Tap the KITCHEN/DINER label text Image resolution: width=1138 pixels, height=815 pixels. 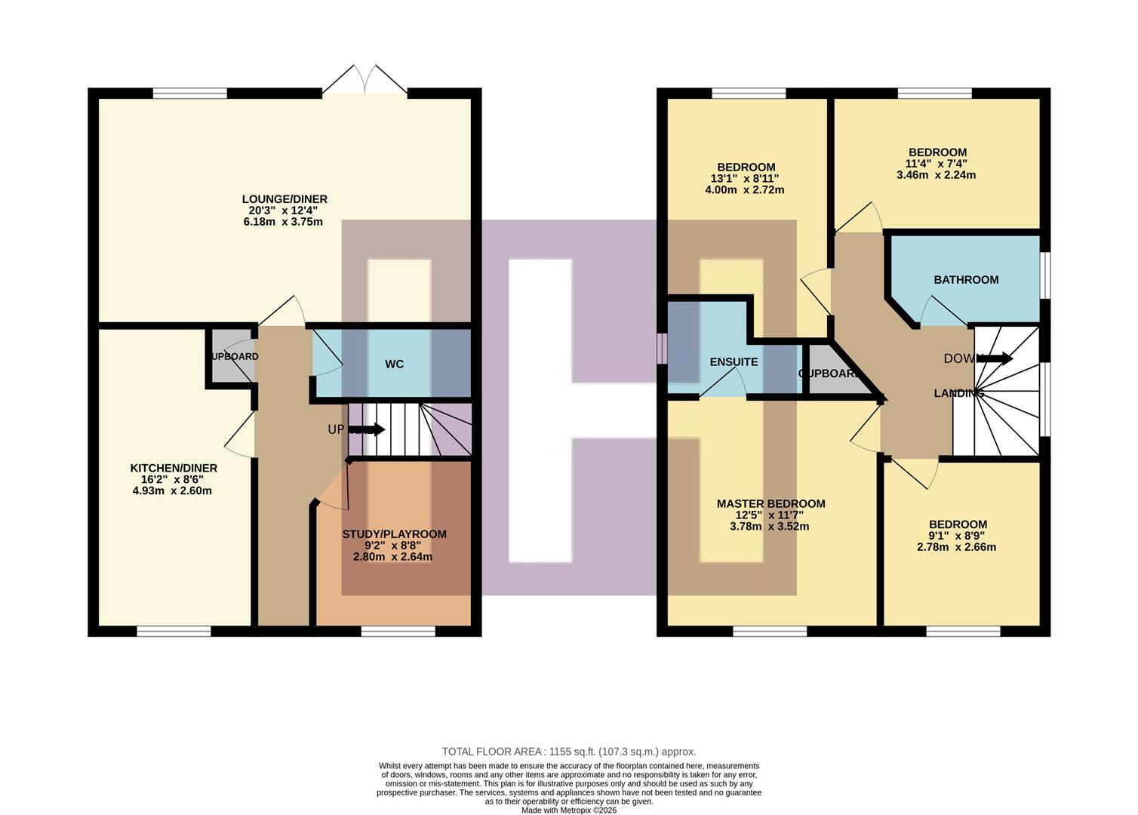(x=174, y=468)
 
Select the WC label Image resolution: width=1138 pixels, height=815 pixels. (x=394, y=364)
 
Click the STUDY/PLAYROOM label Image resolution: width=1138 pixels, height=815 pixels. (x=394, y=534)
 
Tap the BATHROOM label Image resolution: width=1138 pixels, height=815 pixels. (x=966, y=280)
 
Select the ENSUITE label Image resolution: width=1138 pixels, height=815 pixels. (x=734, y=362)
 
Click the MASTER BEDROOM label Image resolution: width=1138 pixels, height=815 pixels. (x=770, y=504)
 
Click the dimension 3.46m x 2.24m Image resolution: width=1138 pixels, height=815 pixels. (x=936, y=175)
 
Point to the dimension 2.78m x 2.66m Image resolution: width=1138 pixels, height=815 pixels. (x=956, y=547)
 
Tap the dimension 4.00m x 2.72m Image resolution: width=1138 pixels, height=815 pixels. (x=744, y=190)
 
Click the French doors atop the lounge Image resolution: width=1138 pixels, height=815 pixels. (x=364, y=81)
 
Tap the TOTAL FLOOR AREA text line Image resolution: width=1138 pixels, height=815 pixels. (x=568, y=752)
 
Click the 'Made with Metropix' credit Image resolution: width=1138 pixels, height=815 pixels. (x=568, y=810)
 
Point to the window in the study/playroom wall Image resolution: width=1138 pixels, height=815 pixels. (x=398, y=631)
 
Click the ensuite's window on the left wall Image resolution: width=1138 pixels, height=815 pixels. (x=662, y=349)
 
